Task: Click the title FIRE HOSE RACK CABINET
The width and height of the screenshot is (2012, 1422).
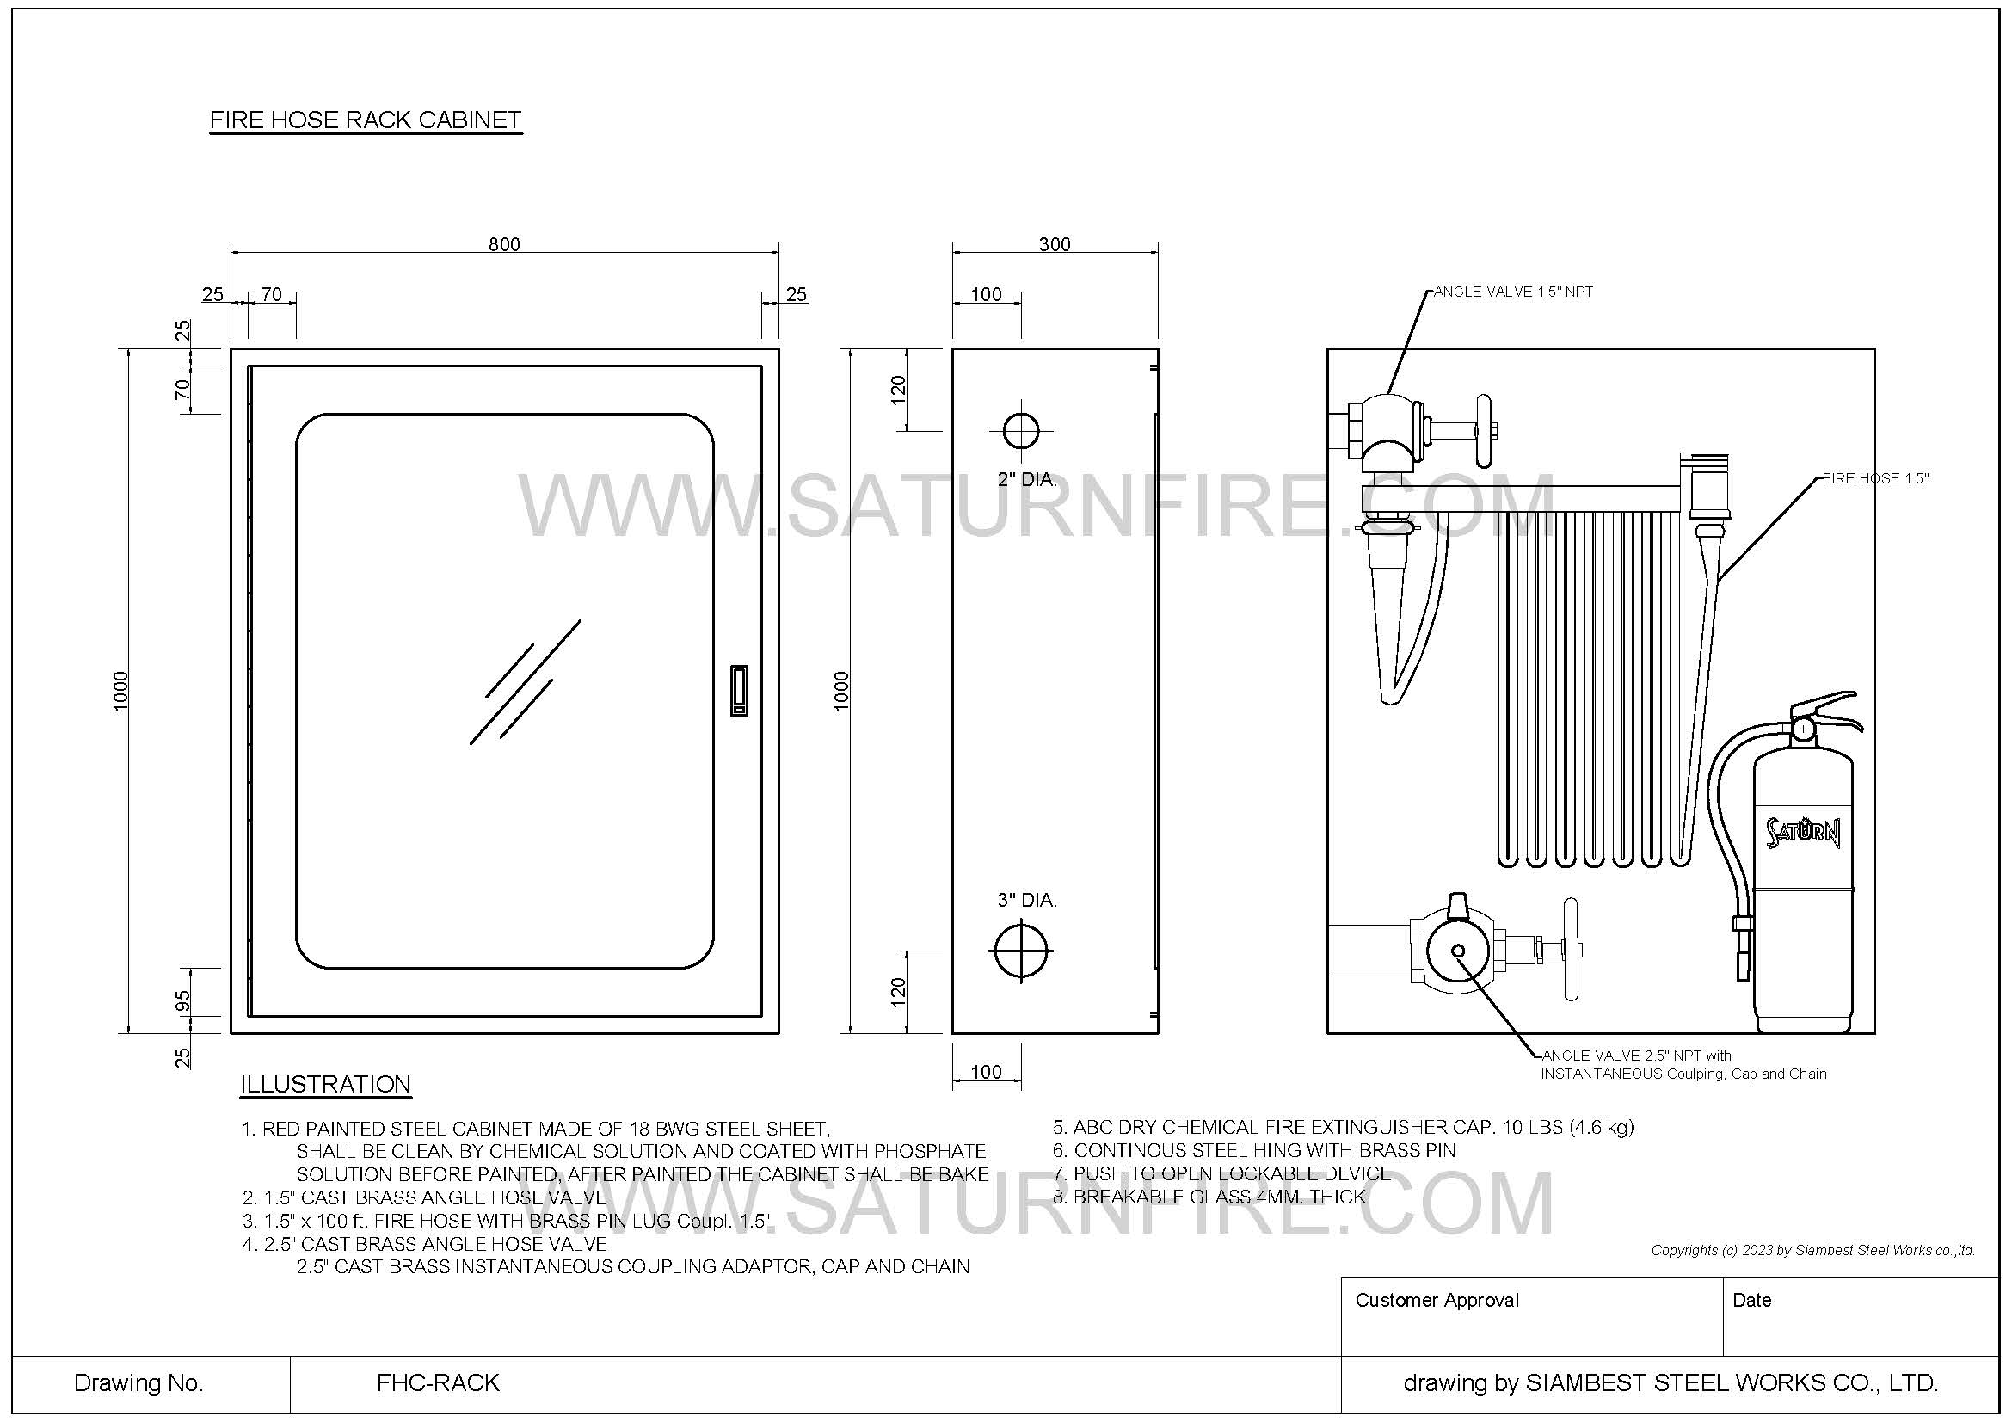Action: pyautogui.click(x=366, y=120)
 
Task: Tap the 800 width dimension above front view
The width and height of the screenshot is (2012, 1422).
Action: pyautogui.click(x=504, y=243)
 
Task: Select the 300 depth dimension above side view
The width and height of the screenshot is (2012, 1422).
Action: pyautogui.click(x=1055, y=243)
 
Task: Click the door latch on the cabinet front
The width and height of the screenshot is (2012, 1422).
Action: pyautogui.click(x=739, y=691)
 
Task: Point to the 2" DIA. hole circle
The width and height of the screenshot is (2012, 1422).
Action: pyautogui.click(x=1020, y=431)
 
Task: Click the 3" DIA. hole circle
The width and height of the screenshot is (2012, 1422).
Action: pyautogui.click(x=1021, y=951)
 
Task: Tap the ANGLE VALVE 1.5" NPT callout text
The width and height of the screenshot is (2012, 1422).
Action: pyautogui.click(x=1512, y=292)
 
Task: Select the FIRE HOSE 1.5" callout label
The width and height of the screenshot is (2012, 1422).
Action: pyautogui.click(x=1875, y=478)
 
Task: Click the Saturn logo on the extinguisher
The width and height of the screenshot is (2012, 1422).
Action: pyautogui.click(x=1803, y=832)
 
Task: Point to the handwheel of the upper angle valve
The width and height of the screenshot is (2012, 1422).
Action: pyautogui.click(x=1483, y=431)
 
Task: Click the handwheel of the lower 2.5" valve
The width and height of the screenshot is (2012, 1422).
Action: pyautogui.click(x=1572, y=949)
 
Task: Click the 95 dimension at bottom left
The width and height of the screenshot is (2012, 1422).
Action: pyautogui.click(x=183, y=1000)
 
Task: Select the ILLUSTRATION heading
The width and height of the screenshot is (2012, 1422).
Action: pyautogui.click(x=325, y=1085)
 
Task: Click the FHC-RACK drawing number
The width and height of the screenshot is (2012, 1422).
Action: pyautogui.click(x=437, y=1382)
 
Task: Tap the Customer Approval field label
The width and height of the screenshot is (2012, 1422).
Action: pyautogui.click(x=1437, y=1300)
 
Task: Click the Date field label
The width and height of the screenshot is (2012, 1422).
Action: pyautogui.click(x=1751, y=1300)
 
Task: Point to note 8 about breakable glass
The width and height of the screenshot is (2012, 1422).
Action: pyautogui.click(x=1209, y=1197)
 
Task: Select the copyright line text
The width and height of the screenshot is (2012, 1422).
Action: pyautogui.click(x=1812, y=1250)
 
